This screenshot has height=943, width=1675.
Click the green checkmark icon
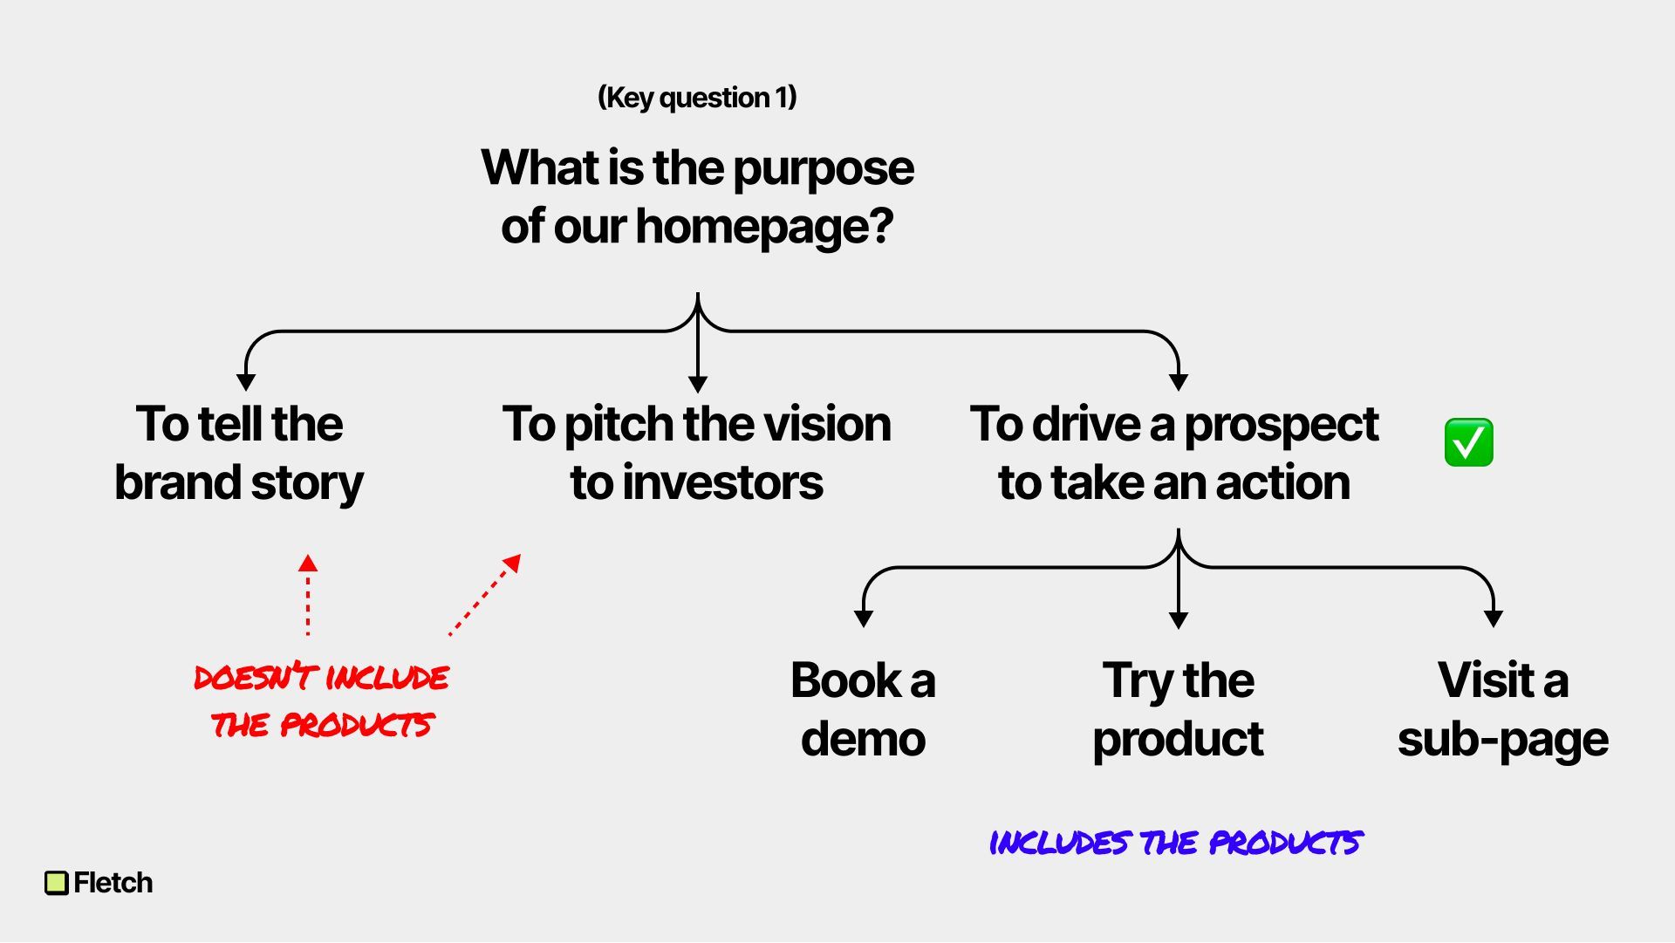coord(1468,442)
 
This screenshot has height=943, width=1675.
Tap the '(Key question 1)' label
coord(697,98)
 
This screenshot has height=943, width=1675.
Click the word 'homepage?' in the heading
coord(764,227)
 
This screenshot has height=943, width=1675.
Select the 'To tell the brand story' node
coord(239,454)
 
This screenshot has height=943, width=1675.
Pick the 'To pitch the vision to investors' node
coord(697,454)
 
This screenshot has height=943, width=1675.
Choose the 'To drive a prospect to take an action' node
coord(1174,454)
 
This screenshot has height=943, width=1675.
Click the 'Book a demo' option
coord(863,709)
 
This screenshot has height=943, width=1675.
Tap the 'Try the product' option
coord(1178,709)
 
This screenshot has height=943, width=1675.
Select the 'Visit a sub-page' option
coord(1502,709)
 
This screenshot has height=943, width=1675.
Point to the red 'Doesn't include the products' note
coord(321,700)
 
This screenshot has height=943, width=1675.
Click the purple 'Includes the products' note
coord(1175,843)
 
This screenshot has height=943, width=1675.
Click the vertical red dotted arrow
coord(308,595)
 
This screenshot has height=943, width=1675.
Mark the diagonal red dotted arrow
coord(485,595)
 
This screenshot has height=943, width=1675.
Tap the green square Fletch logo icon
coord(56,883)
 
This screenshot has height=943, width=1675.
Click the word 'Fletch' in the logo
coord(113,883)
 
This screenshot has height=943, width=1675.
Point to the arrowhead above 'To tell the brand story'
coord(246,382)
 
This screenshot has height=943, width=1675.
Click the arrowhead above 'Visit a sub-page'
coord(1494,618)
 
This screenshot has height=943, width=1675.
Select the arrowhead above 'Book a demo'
coord(864,618)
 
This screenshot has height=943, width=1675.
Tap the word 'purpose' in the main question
coord(824,168)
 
